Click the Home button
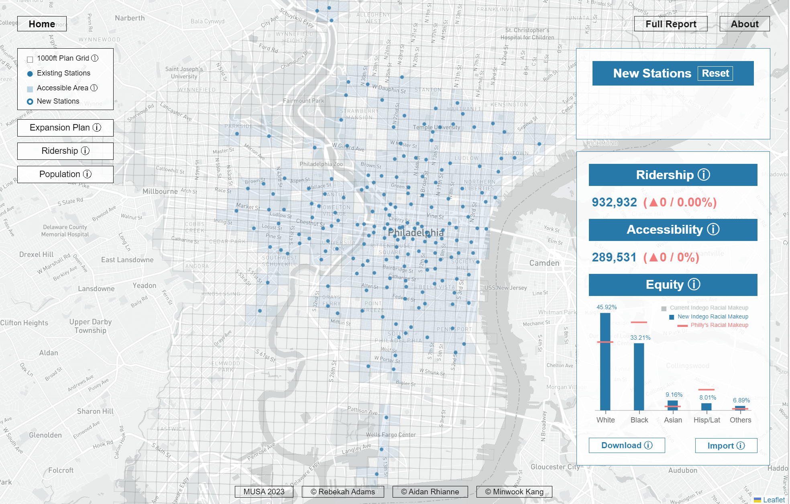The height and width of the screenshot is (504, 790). point(42,24)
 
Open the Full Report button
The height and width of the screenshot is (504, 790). point(670,24)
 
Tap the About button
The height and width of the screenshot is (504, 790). point(744,24)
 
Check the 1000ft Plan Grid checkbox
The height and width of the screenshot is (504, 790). point(30,59)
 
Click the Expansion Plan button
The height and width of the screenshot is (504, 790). point(65,128)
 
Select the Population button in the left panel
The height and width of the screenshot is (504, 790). point(65,174)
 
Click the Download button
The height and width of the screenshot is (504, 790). point(626,445)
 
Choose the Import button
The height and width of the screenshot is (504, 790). point(726,446)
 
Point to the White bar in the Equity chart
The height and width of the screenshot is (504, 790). point(605,361)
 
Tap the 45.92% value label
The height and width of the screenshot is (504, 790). point(607,307)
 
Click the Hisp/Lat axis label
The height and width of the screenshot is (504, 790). point(707,420)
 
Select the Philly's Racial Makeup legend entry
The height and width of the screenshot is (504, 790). point(719,325)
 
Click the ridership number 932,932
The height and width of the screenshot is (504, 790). point(614,202)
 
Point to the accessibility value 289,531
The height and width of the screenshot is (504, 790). point(614,257)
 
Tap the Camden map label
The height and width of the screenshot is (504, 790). point(544,263)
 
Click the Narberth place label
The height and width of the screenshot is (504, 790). point(130,18)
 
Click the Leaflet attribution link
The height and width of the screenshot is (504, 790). point(774,500)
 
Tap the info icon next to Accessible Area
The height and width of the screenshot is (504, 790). point(94,88)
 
